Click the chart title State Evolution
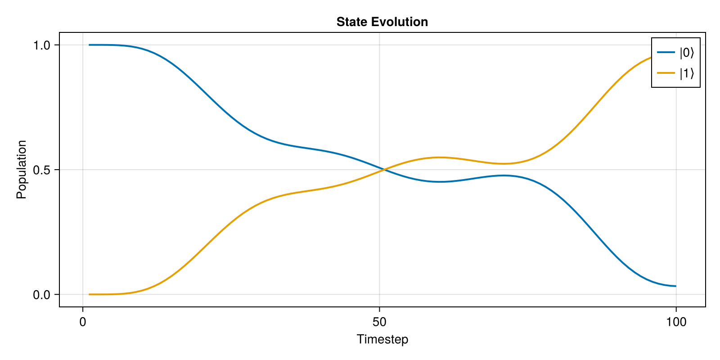tap(382, 22)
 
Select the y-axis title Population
tap(22, 170)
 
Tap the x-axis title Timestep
tap(382, 339)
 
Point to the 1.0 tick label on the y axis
tap(41, 45)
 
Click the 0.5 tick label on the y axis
tap(41, 170)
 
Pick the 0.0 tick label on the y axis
tap(41, 295)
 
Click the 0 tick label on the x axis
tap(83, 322)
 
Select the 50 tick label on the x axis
tap(379, 322)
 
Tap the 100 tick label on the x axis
tap(676, 322)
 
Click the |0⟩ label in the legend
tap(687, 53)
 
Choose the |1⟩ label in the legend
tap(687, 73)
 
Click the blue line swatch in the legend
tap(666, 53)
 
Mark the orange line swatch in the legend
tap(666, 73)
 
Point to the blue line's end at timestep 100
tap(676, 286)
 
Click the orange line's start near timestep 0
tap(89, 294)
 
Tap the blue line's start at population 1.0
tap(89, 45)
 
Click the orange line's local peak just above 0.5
tap(440, 157)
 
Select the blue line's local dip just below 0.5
tap(440, 182)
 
